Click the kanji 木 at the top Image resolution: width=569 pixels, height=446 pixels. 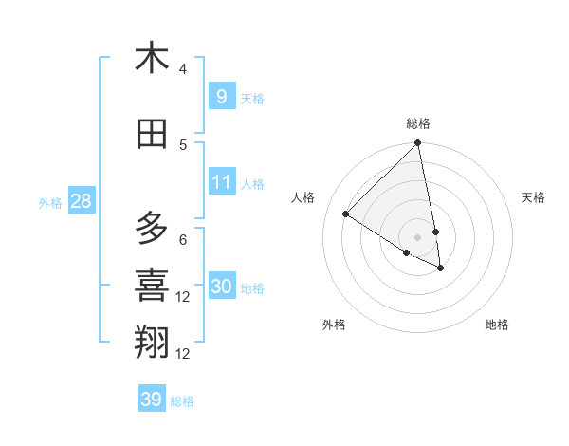point(152,58)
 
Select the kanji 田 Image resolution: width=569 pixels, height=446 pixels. point(152,134)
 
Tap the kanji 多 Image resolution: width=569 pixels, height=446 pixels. point(152,229)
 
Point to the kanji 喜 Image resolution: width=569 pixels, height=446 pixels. point(152,286)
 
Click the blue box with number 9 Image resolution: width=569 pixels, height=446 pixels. point(221,96)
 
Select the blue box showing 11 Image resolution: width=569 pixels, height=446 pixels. point(221,182)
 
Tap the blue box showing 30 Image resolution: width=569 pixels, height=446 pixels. point(221,287)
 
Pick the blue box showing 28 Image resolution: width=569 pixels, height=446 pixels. point(81,201)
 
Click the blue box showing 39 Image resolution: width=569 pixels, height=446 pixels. point(151,400)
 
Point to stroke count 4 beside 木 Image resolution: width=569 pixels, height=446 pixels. point(183,69)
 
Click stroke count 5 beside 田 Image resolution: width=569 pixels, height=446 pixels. point(183,145)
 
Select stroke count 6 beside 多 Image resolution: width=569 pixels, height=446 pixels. point(183,240)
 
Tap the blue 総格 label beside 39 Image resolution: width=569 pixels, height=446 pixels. point(182,401)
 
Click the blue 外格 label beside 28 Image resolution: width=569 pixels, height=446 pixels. point(50,202)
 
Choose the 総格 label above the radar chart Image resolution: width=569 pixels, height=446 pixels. point(418,123)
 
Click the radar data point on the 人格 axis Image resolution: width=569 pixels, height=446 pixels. point(346,214)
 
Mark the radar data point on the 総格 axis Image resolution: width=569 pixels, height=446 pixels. point(418,143)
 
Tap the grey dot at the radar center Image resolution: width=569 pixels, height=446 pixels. point(418,236)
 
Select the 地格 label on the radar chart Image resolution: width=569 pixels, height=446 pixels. point(497,325)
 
